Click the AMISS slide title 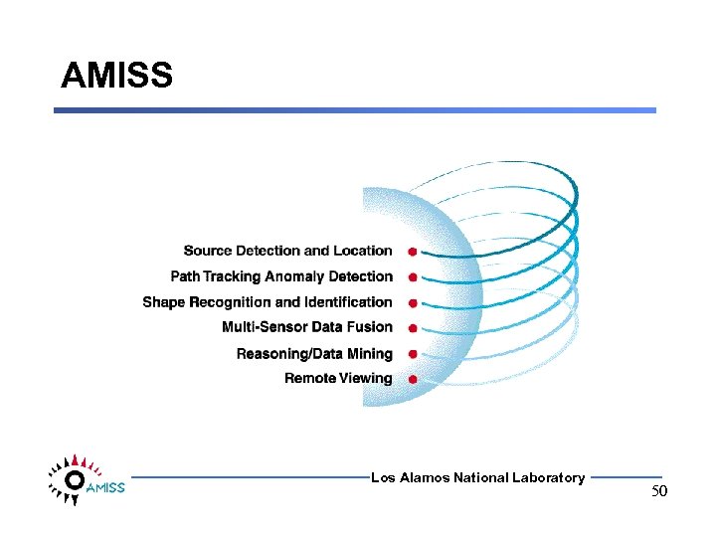pyautogui.click(x=116, y=76)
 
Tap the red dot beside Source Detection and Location pyautogui.click(x=412, y=252)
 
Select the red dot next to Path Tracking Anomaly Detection pyautogui.click(x=412, y=277)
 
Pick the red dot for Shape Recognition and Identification pyautogui.click(x=412, y=303)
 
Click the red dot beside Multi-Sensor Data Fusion pyautogui.click(x=412, y=328)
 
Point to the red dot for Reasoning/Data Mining pyautogui.click(x=412, y=354)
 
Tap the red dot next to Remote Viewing pyautogui.click(x=412, y=379)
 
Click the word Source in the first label pyautogui.click(x=207, y=251)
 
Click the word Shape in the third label pyautogui.click(x=163, y=302)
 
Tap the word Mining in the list pyautogui.click(x=369, y=354)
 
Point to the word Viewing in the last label pyautogui.click(x=367, y=379)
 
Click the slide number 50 pyautogui.click(x=659, y=492)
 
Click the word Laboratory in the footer pyautogui.click(x=548, y=478)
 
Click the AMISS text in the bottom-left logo pyautogui.click(x=105, y=488)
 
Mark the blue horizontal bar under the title pyautogui.click(x=355, y=110)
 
